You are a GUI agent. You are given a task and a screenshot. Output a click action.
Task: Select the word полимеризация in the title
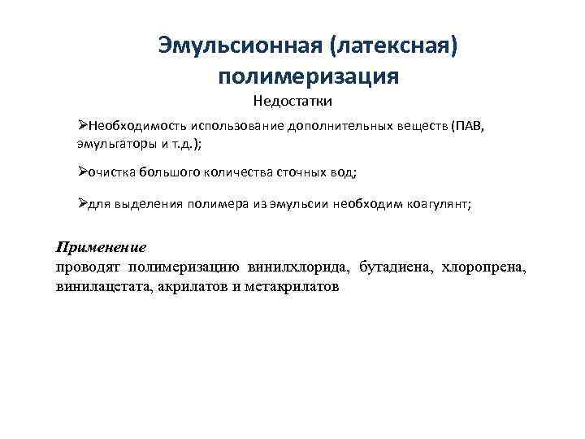(308, 76)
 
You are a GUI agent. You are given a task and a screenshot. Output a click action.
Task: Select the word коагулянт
(435, 206)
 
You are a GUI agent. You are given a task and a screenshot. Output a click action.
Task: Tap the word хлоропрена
(487, 267)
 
